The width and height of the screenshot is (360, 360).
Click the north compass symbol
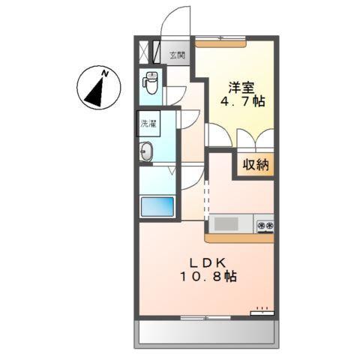tap(98, 88)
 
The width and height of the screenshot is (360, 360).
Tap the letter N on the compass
tap(106, 73)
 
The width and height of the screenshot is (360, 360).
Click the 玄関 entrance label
tap(177, 54)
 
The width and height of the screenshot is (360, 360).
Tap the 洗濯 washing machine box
tap(148, 123)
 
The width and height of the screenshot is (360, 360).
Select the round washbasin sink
tap(147, 151)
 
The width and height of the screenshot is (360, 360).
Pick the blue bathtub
tap(157, 207)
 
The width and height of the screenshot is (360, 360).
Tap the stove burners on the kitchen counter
tap(264, 224)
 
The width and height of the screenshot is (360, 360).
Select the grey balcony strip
tap(206, 333)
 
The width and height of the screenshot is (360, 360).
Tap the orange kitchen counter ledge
tap(239, 238)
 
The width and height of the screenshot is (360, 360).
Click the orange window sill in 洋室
tap(222, 43)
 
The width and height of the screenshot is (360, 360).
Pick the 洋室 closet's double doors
tap(255, 139)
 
